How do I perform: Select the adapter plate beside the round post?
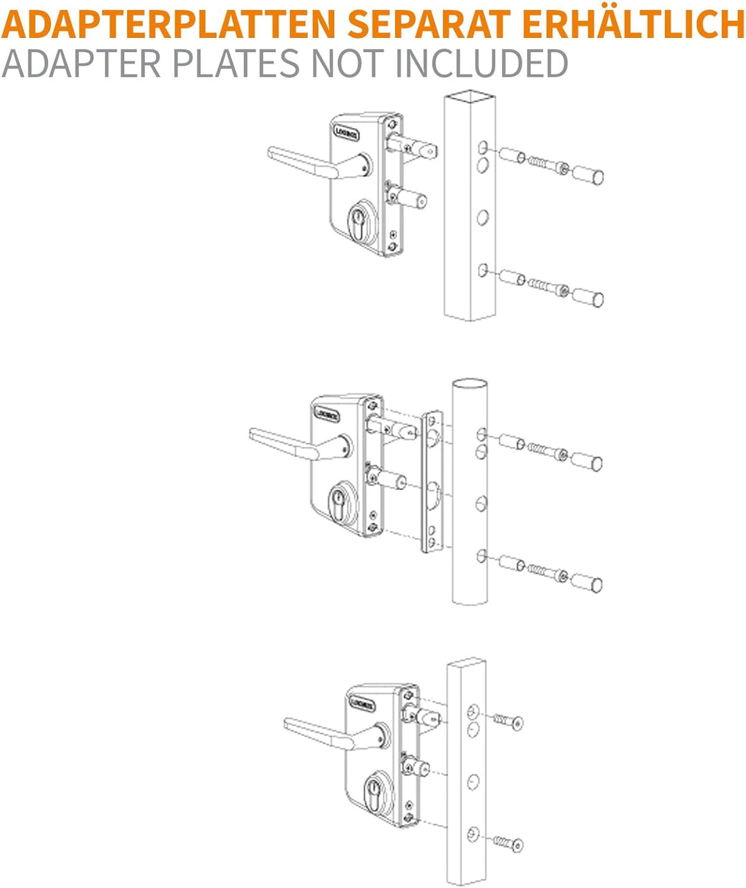(432, 482)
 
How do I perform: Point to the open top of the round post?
(470, 384)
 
